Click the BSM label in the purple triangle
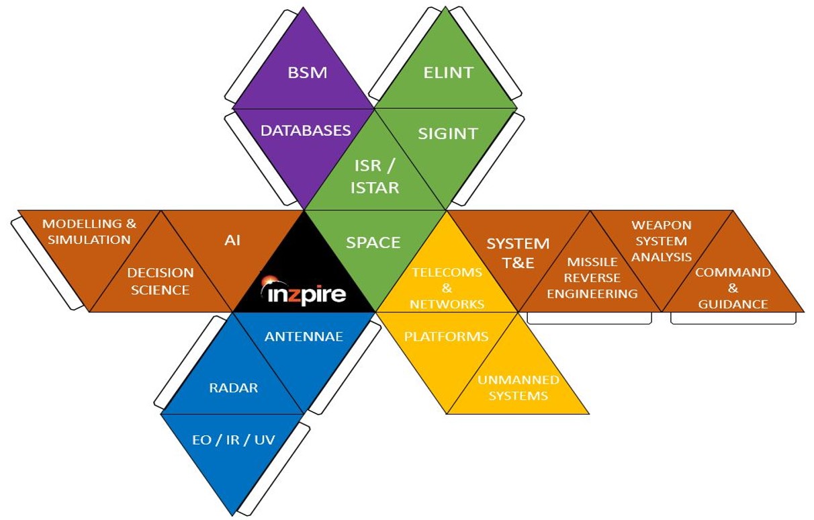(x=308, y=72)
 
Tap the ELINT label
(x=448, y=72)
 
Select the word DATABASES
(x=306, y=130)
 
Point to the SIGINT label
(x=447, y=133)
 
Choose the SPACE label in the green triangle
(x=373, y=242)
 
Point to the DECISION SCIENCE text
(x=161, y=281)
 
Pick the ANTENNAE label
(x=304, y=336)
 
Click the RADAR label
(x=233, y=387)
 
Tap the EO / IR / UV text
(x=233, y=440)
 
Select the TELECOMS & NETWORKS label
(x=447, y=288)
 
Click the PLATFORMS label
(x=446, y=336)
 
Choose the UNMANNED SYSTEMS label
(x=518, y=388)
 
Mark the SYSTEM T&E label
(x=518, y=253)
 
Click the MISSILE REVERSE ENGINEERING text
(x=592, y=277)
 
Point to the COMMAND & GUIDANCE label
(x=733, y=288)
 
